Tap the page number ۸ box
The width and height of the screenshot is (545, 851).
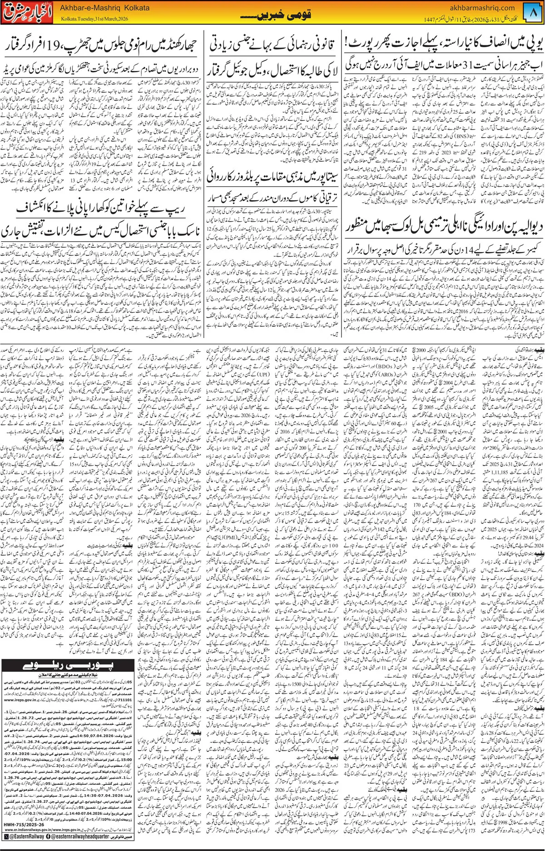point(534,13)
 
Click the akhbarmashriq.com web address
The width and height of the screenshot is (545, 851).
point(482,8)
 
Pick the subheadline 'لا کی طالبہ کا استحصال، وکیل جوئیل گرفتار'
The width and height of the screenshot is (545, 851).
point(272,70)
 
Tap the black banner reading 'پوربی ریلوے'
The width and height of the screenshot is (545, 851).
point(68,666)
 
